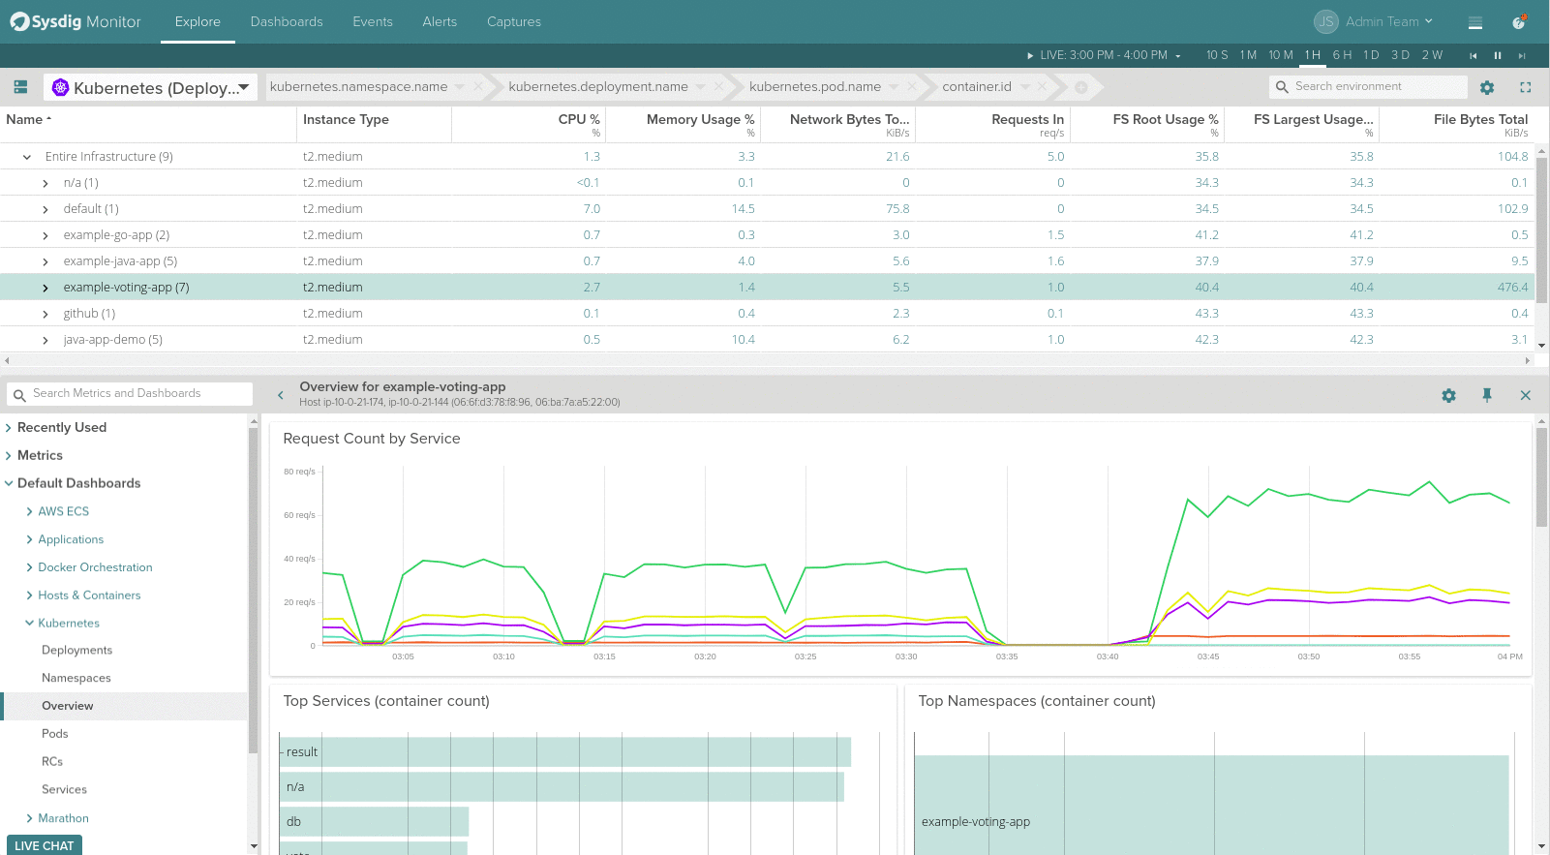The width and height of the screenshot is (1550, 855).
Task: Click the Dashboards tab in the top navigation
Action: tap(287, 21)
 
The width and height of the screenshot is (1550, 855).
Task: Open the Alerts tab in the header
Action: tap(440, 21)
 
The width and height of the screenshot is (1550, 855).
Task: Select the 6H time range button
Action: tap(1342, 55)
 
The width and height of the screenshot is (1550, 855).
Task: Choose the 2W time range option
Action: tap(1432, 55)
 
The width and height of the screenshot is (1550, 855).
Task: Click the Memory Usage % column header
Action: tap(700, 119)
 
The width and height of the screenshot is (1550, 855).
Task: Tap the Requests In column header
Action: tap(1027, 119)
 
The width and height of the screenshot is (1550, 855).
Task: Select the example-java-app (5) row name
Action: tap(120, 261)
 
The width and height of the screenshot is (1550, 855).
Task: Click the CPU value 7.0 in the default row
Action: tap(592, 209)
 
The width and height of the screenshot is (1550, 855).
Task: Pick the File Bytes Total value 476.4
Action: tap(1512, 288)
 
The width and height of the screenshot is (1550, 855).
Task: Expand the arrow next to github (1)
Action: tap(46, 314)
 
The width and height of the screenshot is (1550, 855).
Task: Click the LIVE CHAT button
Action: tap(45, 845)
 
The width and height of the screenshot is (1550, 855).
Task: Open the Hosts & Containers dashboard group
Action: tap(89, 595)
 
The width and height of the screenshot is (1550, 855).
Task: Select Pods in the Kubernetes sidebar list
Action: tap(55, 734)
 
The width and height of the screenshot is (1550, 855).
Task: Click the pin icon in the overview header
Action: tap(1487, 395)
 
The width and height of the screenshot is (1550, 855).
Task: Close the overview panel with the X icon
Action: tap(1525, 395)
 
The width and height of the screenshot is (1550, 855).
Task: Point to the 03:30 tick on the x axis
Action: tap(906, 657)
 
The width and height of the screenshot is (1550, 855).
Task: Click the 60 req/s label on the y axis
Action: tap(299, 515)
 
